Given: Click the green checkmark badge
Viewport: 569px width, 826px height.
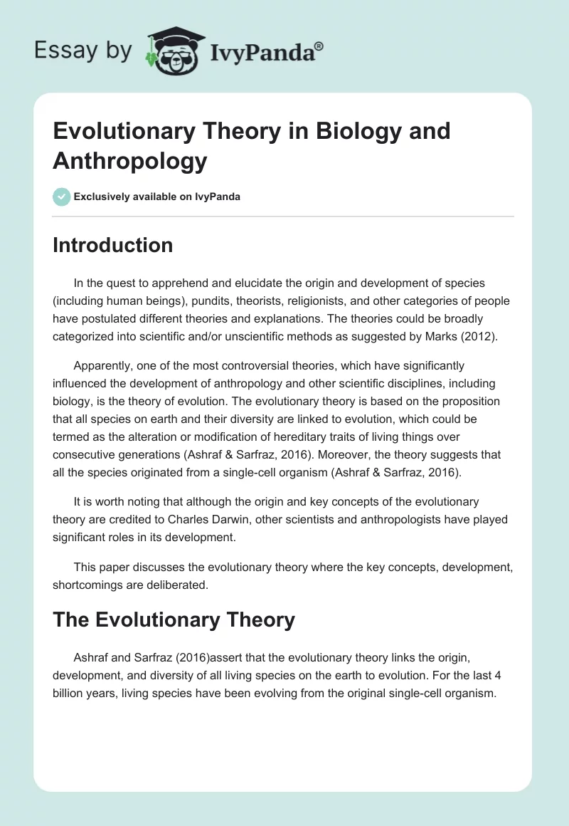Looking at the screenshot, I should tap(62, 197).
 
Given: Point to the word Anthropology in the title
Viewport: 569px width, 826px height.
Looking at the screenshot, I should tap(129, 161).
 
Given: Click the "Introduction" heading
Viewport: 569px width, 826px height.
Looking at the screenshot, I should tap(112, 245).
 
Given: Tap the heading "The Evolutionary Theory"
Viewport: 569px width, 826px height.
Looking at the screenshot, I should tap(174, 619).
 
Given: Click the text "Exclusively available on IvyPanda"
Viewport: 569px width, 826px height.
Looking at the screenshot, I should tap(156, 197).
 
